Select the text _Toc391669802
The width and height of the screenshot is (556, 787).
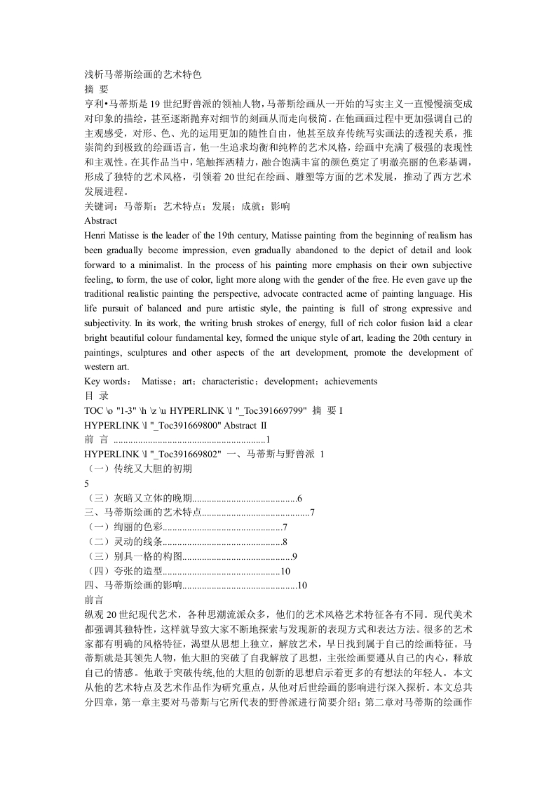pos(185,455)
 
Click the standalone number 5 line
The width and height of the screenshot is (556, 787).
pos(86,484)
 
